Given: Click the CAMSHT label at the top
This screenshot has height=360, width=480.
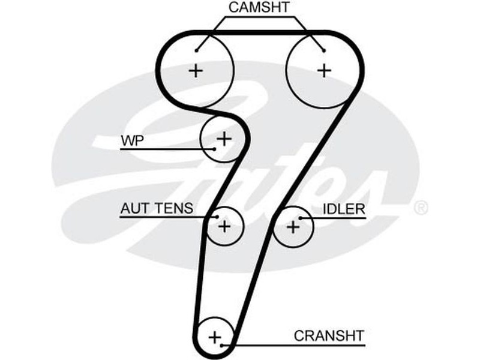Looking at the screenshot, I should [x=259, y=8].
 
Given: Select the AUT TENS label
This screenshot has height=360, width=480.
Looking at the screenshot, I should [x=157, y=208].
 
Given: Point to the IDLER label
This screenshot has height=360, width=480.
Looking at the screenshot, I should [x=344, y=209].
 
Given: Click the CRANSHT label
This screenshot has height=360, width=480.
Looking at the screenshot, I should [x=329, y=335].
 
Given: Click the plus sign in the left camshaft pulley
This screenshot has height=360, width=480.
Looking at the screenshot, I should [x=196, y=71].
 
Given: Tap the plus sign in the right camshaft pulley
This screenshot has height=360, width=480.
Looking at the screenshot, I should [x=324, y=70].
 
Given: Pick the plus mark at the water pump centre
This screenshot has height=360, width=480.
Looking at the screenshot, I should [x=224, y=139].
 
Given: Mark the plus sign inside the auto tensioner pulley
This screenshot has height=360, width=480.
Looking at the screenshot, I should [x=224, y=226].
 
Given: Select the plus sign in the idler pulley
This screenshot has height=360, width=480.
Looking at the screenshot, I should [x=293, y=227].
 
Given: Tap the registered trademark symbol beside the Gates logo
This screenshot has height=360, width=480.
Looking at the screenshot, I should [x=421, y=208].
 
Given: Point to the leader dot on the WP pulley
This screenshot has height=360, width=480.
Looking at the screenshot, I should [x=214, y=148].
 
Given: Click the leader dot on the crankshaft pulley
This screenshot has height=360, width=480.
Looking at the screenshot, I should [x=222, y=345].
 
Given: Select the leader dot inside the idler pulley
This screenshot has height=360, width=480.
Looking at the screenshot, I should [x=300, y=218].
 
